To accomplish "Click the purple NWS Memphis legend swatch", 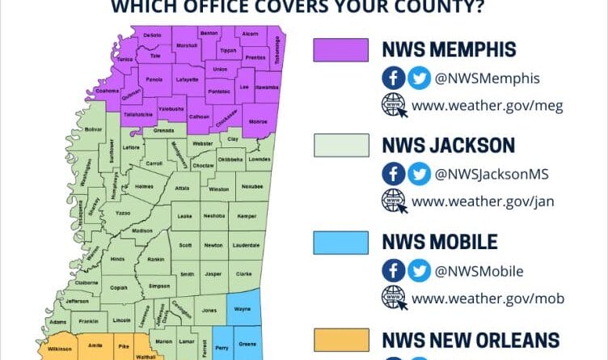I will [x=340, y=50].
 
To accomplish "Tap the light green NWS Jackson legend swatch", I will [x=340, y=146].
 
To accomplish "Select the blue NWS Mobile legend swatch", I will [x=340, y=242].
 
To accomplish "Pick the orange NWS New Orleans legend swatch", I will [x=340, y=339].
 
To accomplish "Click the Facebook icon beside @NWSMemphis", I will [x=393, y=78].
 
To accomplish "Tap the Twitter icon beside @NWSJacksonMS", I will [x=419, y=174].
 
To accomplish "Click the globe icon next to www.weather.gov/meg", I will [x=393, y=105].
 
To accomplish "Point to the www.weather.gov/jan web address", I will [x=488, y=201].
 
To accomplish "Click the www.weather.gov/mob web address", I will [x=488, y=299].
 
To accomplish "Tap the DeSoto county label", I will [x=152, y=36].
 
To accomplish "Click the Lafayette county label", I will [x=188, y=80].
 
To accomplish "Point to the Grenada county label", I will [x=164, y=129].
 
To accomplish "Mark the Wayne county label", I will [x=243, y=308].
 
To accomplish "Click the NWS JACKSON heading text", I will [x=448, y=146].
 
